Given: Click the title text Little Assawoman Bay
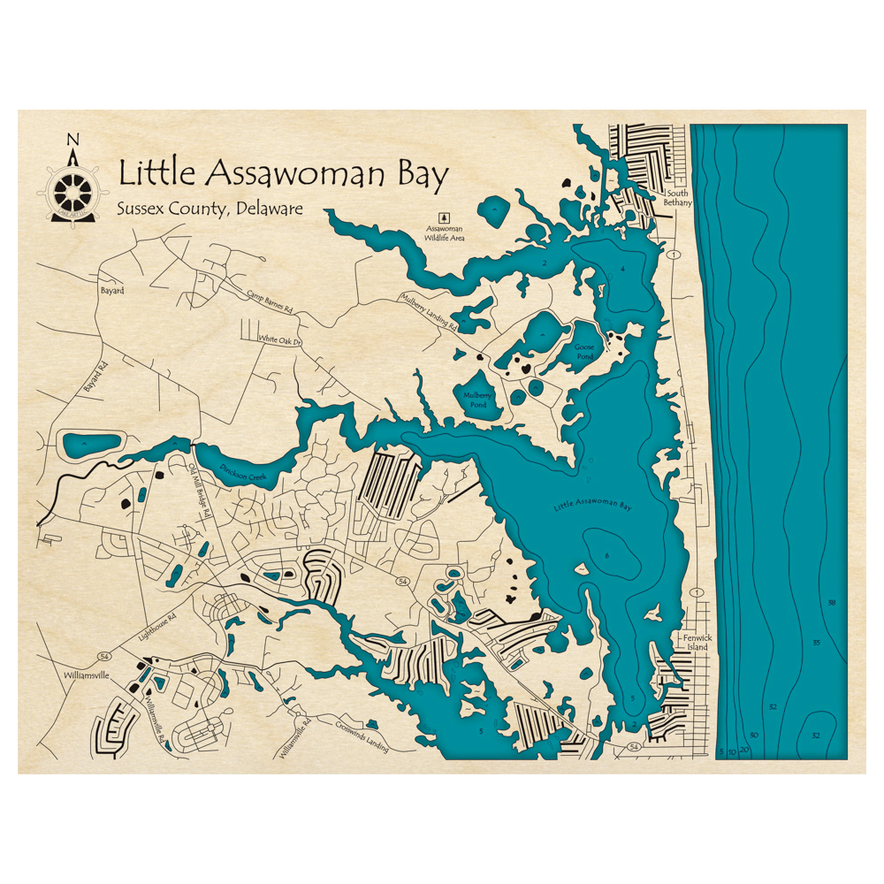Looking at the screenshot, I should [283, 173].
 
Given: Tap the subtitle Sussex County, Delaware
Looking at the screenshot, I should [210, 210].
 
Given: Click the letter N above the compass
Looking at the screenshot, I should [73, 139].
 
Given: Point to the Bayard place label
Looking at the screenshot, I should [111, 291].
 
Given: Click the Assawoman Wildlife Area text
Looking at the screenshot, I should [445, 232].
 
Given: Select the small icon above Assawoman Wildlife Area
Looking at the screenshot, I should [445, 216].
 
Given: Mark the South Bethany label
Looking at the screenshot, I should [678, 198].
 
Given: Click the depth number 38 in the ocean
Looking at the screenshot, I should [831, 603].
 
